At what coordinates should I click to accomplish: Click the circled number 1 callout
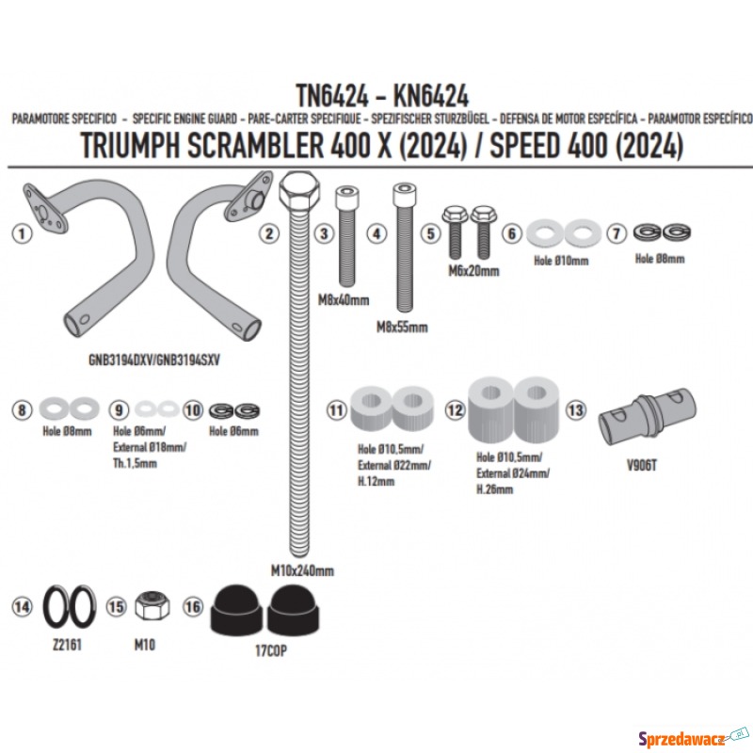pyautogui.click(x=22, y=233)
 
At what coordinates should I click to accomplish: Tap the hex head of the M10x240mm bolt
pyautogui.click(x=299, y=190)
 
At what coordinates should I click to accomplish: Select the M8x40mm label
pyautogui.click(x=344, y=300)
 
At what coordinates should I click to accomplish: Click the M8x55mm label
pyautogui.click(x=402, y=328)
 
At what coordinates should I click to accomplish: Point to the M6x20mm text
pyautogui.click(x=473, y=271)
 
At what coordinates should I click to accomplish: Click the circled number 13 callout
pyautogui.click(x=576, y=410)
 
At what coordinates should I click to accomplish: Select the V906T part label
pyautogui.click(x=642, y=465)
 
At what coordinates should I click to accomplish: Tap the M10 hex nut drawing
pyautogui.click(x=152, y=605)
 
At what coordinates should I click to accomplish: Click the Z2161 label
pyautogui.click(x=67, y=645)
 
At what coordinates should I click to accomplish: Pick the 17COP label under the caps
pyautogui.click(x=271, y=650)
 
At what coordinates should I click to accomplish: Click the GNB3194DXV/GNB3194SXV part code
pyautogui.click(x=154, y=360)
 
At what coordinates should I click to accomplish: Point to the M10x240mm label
pyautogui.click(x=302, y=571)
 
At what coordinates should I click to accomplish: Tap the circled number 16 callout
pyautogui.click(x=193, y=607)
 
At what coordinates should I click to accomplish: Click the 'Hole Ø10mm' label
pyautogui.click(x=561, y=261)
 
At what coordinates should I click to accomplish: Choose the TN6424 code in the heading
pyautogui.click(x=332, y=96)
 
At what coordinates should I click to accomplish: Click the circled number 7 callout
pyautogui.click(x=617, y=233)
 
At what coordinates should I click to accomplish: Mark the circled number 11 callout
pyautogui.click(x=336, y=410)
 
